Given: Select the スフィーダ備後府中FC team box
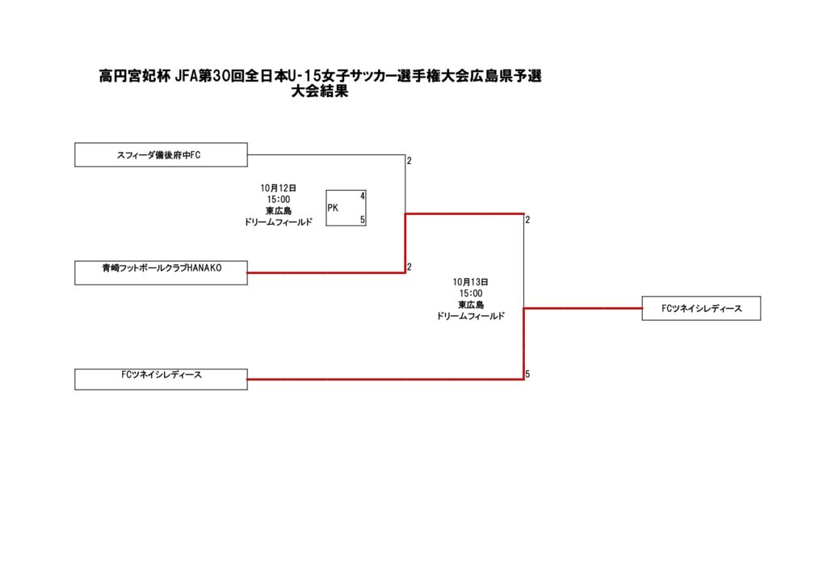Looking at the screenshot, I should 161,154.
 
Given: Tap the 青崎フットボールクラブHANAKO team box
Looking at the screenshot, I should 161,272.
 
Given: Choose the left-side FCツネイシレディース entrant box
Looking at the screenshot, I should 161,379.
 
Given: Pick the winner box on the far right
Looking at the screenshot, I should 701,308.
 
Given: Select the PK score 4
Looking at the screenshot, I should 363,196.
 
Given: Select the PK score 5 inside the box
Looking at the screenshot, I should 363,220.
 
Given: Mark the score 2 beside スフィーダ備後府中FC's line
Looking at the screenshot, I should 409,161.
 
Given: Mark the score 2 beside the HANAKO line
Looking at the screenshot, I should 409,267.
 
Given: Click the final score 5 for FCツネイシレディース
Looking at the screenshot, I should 527,374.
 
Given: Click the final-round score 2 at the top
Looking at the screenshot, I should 527,220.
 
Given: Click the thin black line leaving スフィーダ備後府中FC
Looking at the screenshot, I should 323,154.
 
